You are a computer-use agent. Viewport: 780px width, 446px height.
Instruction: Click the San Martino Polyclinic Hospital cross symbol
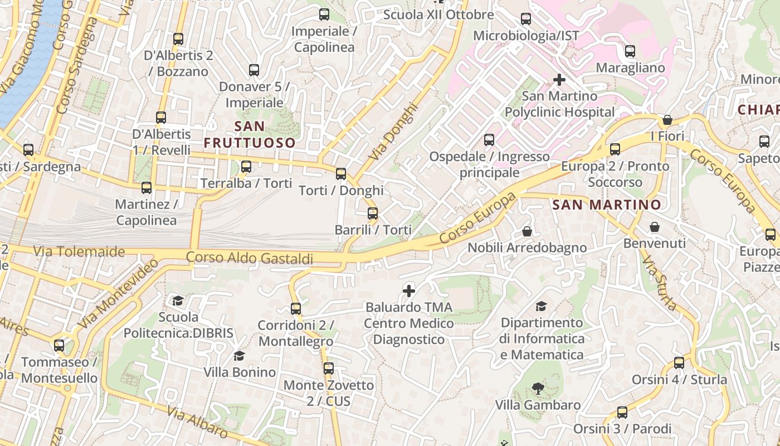tap(559, 80)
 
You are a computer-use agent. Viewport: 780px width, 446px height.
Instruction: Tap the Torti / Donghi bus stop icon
tap(341, 174)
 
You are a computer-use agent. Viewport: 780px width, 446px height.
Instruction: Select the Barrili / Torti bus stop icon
tap(373, 213)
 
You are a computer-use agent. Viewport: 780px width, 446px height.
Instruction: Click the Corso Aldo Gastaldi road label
tap(249, 258)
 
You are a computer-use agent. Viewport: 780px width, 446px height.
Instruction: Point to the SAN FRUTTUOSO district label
tap(249, 134)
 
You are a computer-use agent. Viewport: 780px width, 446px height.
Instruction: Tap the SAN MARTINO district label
tap(606, 205)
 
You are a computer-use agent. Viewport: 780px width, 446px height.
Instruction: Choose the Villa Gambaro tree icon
tap(538, 388)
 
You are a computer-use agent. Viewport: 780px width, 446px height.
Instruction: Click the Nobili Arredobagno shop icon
tap(526, 231)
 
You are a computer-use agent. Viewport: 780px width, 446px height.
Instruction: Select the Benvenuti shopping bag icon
tap(654, 227)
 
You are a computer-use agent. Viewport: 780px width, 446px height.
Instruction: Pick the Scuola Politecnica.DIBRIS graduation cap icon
tap(178, 300)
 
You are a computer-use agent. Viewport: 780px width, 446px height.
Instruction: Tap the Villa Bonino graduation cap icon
tap(239, 356)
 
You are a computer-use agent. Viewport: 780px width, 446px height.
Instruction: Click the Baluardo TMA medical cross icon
tap(409, 290)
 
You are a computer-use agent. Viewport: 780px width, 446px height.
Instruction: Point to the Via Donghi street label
tap(393, 132)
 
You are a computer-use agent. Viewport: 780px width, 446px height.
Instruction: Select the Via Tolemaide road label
tap(79, 251)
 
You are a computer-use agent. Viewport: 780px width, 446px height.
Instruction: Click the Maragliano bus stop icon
tap(630, 51)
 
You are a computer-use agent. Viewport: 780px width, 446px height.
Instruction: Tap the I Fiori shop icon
tap(667, 120)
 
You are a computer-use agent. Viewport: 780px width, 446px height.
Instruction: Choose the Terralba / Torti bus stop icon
tap(246, 166)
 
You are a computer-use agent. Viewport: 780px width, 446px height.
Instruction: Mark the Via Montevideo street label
tap(119, 294)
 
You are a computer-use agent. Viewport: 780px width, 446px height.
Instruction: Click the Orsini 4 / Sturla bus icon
tap(679, 363)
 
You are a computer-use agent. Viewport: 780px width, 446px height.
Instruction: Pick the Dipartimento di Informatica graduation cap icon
tap(541, 306)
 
